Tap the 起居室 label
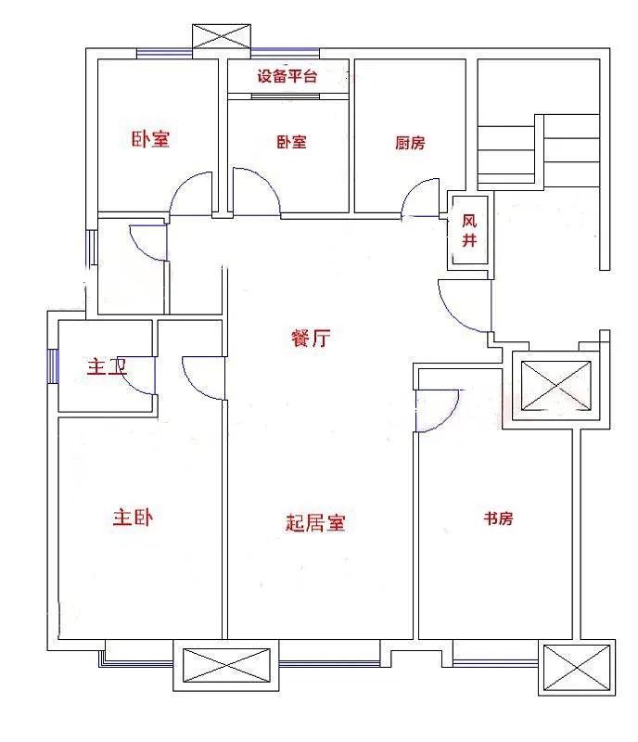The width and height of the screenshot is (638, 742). tap(314, 523)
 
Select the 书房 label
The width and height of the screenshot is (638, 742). tap(497, 518)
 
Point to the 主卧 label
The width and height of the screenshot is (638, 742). tap(134, 517)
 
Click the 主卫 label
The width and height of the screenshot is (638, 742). tap(106, 367)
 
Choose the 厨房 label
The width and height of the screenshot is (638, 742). tap(410, 143)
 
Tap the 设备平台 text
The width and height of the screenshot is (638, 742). tap(287, 76)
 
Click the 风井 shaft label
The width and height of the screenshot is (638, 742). tap(470, 231)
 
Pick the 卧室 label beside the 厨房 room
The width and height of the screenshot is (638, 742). tap(291, 142)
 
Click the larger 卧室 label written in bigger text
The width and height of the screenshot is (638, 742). tap(150, 139)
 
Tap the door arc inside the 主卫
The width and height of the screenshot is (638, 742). tap(139, 376)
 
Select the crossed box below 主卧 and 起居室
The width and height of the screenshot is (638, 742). tap(226, 669)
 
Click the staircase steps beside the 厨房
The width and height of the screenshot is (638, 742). tap(538, 148)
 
